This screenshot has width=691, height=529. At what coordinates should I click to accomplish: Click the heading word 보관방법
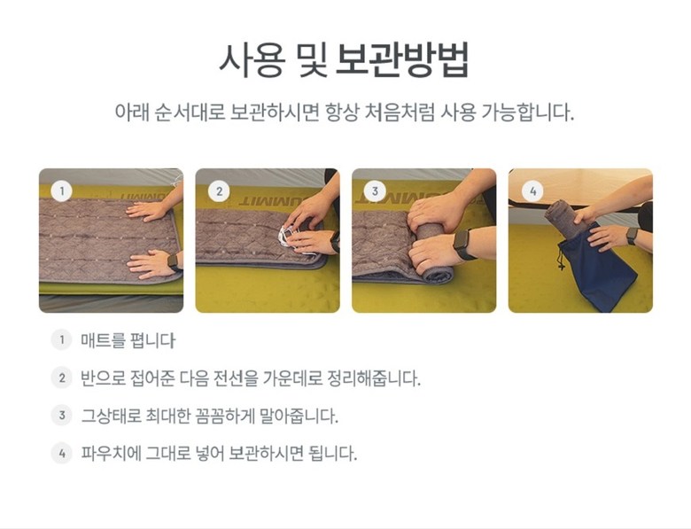coord(402,60)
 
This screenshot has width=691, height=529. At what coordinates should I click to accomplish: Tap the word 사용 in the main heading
coord(252,60)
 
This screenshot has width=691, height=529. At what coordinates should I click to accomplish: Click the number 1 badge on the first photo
coord(61,191)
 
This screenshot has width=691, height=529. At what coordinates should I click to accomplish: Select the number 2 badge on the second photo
coord(219,191)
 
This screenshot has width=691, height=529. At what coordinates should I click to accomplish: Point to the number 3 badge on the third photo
coord(375,191)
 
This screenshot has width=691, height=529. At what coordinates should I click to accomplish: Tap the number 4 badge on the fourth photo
coord(532,191)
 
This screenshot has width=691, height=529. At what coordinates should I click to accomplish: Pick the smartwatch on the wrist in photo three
coord(462,244)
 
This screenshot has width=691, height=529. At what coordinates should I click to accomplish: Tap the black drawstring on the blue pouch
coord(561,258)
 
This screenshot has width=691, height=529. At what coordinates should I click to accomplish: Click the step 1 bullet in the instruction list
coord(61,340)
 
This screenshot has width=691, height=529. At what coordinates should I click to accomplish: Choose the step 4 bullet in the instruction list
coord(61,453)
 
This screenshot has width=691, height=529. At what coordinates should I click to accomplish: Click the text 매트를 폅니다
coord(128,341)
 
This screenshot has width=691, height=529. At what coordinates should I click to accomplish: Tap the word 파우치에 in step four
coord(111,453)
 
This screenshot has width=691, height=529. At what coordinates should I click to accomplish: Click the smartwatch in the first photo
coord(173,262)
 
